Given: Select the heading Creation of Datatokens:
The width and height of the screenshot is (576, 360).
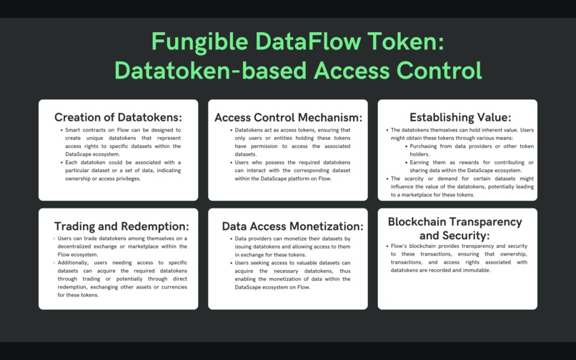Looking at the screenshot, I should click(118, 117).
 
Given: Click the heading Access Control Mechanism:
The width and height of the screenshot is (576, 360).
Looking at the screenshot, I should click(288, 117).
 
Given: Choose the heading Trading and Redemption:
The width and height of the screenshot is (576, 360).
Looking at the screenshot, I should click(121, 226).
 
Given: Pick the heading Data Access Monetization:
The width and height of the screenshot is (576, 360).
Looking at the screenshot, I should click(292, 226).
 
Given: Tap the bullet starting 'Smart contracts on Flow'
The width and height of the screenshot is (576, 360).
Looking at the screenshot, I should click(122, 142).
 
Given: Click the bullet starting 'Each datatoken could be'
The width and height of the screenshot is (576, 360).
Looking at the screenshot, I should click(122, 170).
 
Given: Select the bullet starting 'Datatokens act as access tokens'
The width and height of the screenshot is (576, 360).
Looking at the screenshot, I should click(292, 142).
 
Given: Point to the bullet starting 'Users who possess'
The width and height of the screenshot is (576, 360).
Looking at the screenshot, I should click(292, 170).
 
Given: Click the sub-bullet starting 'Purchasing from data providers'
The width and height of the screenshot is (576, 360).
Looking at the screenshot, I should click(472, 150).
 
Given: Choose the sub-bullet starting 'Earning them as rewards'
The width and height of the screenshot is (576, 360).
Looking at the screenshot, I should click(472, 166).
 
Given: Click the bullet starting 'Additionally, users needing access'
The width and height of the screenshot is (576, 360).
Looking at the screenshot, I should click(119, 279).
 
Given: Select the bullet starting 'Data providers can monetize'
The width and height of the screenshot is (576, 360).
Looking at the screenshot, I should click(292, 246).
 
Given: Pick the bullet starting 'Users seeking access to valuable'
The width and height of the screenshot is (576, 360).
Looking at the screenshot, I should click(292, 274).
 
